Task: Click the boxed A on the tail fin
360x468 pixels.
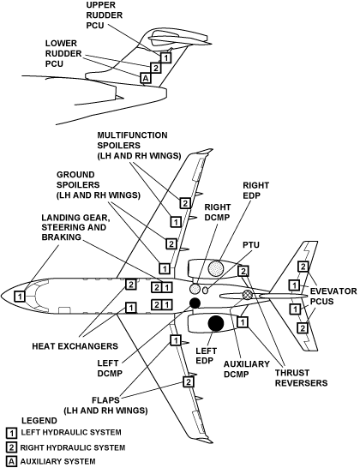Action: (146, 78)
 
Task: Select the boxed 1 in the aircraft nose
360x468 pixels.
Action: (20, 297)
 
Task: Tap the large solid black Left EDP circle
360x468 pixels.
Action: (215, 323)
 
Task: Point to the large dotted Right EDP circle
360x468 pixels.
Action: (215, 268)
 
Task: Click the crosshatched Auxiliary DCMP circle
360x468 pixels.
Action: (248, 295)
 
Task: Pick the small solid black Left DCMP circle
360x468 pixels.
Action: (195, 303)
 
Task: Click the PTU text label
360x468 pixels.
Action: (251, 245)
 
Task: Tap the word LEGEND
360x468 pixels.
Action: (39, 421)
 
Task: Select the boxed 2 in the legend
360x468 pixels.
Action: (11, 447)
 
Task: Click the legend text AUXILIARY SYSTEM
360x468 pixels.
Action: (58, 461)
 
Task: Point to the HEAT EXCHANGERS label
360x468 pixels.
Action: (75, 346)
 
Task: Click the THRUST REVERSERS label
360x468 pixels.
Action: (301, 378)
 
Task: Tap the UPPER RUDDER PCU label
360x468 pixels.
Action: (105, 15)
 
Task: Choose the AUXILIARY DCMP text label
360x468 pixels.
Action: (247, 369)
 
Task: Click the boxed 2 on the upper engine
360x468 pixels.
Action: (243, 271)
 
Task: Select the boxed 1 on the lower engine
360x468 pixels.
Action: (243, 322)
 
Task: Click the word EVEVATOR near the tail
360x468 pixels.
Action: (333, 291)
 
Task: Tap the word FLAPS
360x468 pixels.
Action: (105, 400)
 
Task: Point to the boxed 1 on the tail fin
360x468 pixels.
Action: (166, 57)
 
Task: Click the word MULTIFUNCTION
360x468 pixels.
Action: (132, 135)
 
